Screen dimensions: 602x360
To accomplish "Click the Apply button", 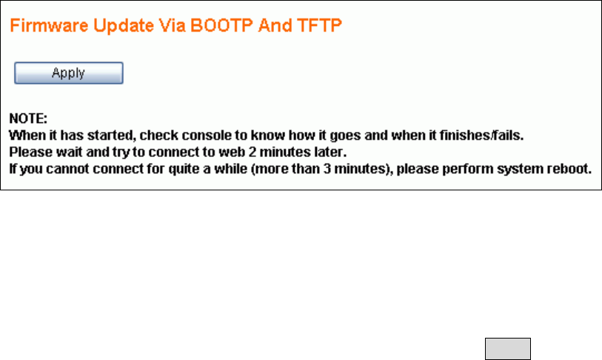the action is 69,73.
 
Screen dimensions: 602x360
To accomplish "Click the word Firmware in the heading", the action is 49,26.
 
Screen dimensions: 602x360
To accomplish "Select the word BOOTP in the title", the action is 221,26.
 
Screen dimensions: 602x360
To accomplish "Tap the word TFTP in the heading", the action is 319,26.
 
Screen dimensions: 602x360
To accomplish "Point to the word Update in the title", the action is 124,26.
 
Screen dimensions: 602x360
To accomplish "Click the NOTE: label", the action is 28,119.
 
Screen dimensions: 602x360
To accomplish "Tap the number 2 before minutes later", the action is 252,152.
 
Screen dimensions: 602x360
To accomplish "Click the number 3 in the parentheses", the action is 327,169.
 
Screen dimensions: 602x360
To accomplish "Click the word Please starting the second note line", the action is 31,152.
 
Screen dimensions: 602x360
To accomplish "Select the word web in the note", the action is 232,152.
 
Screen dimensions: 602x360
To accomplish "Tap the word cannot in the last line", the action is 67,169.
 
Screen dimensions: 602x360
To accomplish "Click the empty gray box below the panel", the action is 508,349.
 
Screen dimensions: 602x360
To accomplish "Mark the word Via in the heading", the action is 173,26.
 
